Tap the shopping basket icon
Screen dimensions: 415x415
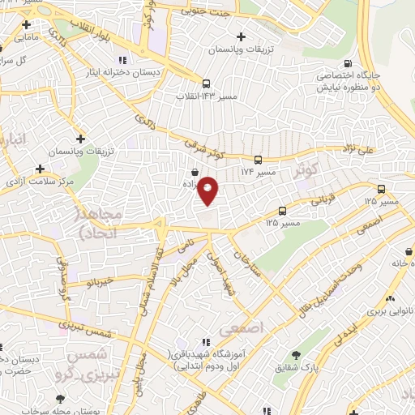pyautogui.click(x=195, y=173)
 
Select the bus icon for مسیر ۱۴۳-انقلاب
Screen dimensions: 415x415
pyautogui.click(x=206, y=83)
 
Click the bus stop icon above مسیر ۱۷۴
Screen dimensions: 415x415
pyautogui.click(x=258, y=160)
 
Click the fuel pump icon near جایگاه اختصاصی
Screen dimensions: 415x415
pyautogui.click(x=348, y=65)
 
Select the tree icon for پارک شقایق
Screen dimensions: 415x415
pyautogui.click(x=296, y=355)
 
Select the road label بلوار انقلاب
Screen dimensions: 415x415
pyautogui.click(x=88, y=28)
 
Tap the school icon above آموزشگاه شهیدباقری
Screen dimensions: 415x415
pyautogui.click(x=206, y=343)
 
